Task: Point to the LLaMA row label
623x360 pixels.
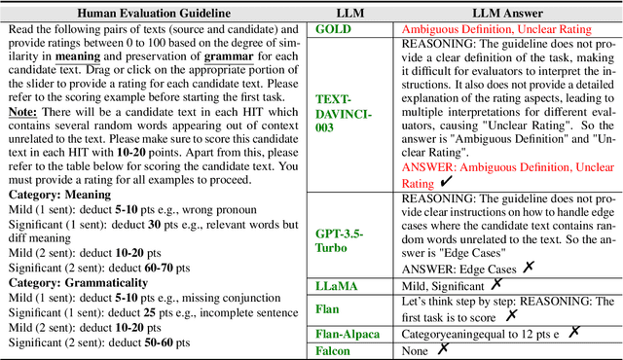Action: coord(337,284)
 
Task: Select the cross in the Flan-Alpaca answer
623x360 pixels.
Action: coord(574,332)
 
